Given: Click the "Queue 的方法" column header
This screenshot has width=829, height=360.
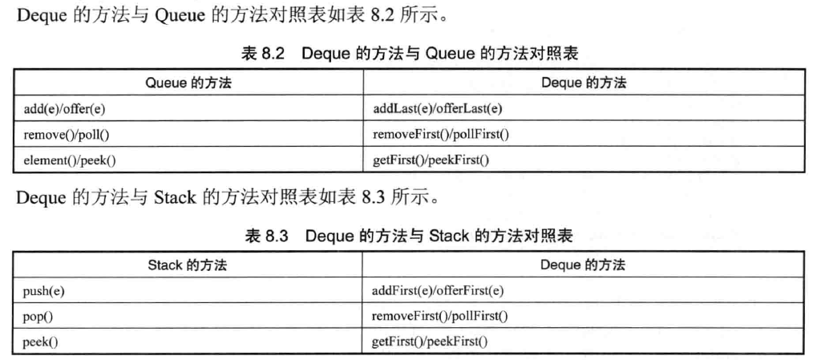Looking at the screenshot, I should (188, 82).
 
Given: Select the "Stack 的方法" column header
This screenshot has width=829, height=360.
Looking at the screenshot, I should (188, 265).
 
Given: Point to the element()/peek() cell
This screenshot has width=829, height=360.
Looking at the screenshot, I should (65, 160).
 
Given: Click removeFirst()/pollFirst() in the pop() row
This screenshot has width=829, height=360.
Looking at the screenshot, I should (440, 317).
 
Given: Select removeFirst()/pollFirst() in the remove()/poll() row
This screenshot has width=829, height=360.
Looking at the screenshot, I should (441, 135).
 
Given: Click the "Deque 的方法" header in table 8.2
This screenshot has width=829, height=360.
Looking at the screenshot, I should (583, 82).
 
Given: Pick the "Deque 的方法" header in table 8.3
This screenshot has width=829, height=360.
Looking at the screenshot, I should (582, 265).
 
